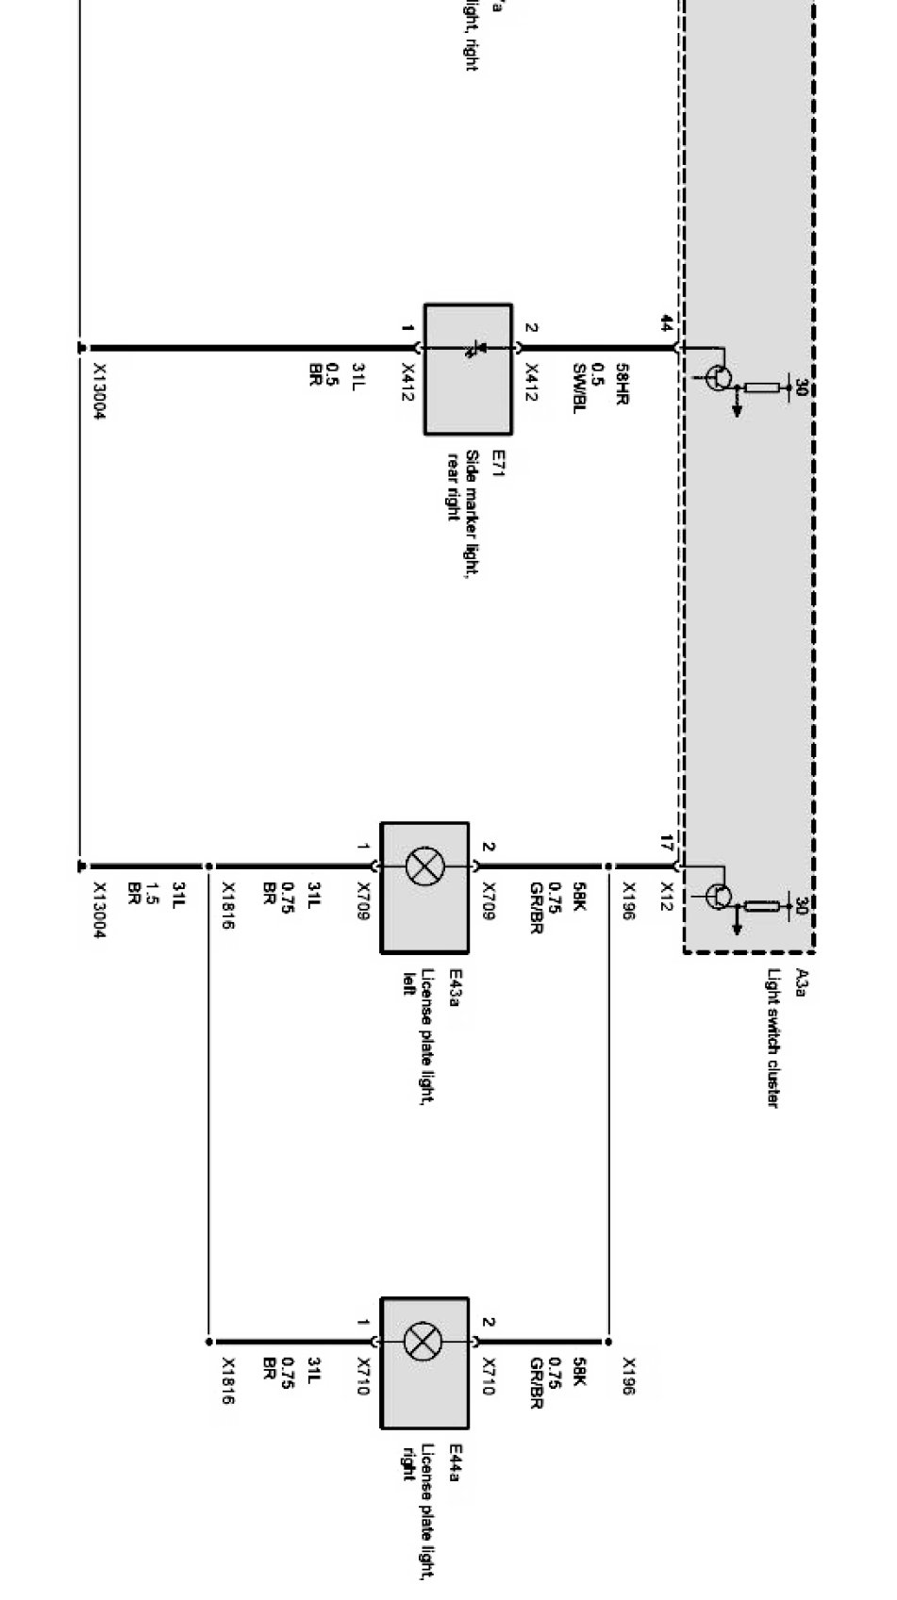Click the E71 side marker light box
click(x=468, y=369)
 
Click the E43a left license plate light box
click(x=424, y=887)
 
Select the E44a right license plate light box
click(x=424, y=1362)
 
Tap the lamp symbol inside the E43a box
click(x=424, y=866)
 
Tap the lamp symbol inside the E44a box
click(x=424, y=1341)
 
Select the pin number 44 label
click(x=667, y=323)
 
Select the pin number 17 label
click(x=667, y=841)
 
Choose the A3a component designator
click(x=802, y=981)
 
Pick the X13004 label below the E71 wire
click(x=99, y=391)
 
